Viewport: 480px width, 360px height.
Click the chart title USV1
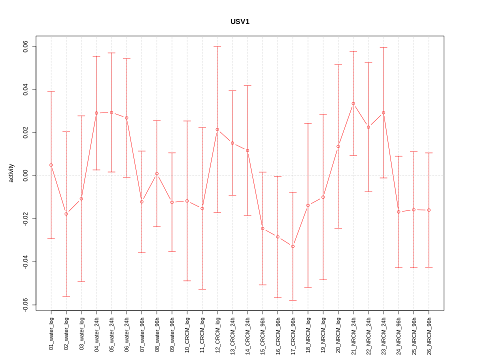click(x=239, y=21)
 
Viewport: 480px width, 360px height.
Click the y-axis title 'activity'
click(x=11, y=173)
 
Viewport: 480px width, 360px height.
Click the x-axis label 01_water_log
click(x=51, y=333)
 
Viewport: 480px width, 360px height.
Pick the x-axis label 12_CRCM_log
click(x=217, y=333)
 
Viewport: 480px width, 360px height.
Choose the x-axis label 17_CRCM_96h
click(x=293, y=333)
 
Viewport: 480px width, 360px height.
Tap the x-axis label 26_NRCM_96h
click(x=429, y=333)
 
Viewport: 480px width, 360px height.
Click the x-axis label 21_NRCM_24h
click(x=353, y=333)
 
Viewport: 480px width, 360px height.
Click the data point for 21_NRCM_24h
click(x=353, y=103)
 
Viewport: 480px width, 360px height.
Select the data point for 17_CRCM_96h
click(x=293, y=246)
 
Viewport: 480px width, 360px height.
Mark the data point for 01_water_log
click(x=51, y=165)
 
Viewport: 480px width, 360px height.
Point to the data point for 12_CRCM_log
click(x=217, y=129)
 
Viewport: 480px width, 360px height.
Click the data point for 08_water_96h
click(x=157, y=173)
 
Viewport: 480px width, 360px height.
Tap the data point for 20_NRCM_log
click(x=338, y=146)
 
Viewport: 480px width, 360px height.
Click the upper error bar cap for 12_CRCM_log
click(x=217, y=46)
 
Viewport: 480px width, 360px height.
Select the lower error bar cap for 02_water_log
click(x=66, y=296)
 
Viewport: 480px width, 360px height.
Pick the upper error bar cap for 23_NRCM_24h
click(x=383, y=47)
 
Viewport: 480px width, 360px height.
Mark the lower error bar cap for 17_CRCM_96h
click(x=293, y=300)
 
